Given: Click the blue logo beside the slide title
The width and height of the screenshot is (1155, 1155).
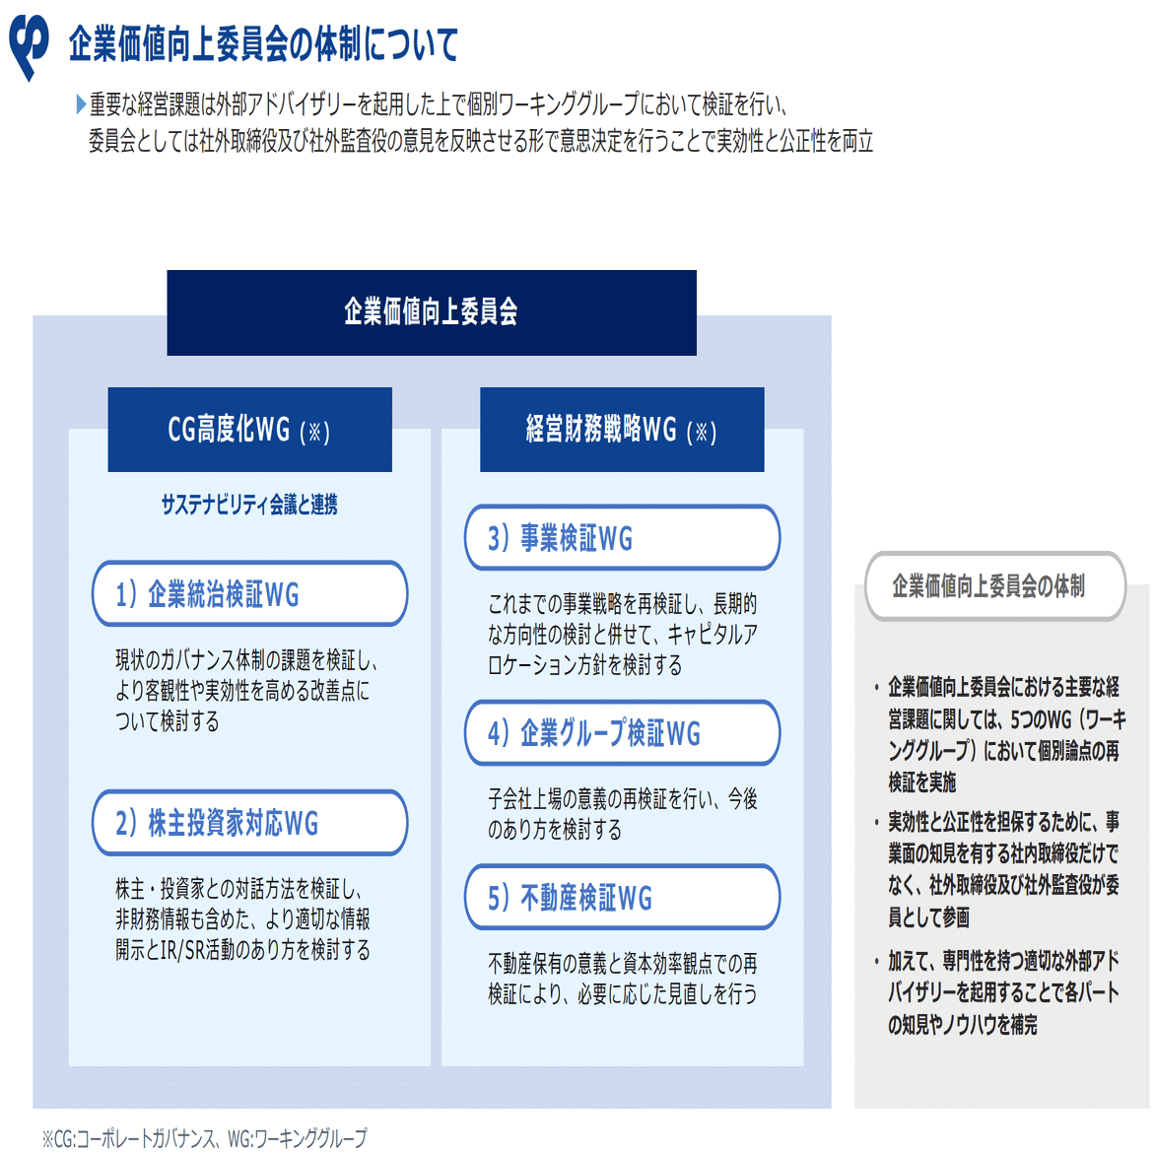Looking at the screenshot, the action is point(29,45).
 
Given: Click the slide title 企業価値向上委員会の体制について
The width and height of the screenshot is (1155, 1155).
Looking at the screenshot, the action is point(263,44).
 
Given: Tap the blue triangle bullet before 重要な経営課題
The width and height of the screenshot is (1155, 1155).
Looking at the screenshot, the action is point(81,104).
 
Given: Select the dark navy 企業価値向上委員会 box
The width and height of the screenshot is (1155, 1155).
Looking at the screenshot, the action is point(431,312).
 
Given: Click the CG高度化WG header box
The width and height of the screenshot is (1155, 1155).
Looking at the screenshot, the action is point(249,430).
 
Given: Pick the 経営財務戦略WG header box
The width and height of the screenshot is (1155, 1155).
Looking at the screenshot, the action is point(621,430).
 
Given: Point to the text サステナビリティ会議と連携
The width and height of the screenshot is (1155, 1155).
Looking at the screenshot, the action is point(249,505).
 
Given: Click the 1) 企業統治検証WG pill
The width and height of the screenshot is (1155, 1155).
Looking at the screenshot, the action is point(249,594).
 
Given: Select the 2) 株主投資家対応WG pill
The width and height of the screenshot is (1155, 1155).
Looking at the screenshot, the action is point(249,823).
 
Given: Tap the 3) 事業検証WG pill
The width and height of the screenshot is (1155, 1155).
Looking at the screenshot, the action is point(622,538).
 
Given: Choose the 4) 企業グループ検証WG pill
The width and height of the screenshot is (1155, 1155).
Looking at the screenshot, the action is point(622,733).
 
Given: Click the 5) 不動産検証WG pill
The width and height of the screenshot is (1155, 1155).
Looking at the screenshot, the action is point(622,898).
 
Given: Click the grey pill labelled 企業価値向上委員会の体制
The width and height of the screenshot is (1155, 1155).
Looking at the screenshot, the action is point(994,586).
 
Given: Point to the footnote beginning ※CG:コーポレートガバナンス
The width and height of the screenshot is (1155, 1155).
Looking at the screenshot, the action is point(204,1138).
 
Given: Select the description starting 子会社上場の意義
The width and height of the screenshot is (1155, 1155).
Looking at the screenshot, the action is point(622,814).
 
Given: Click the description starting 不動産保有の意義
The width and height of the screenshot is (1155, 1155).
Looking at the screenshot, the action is point(622,979).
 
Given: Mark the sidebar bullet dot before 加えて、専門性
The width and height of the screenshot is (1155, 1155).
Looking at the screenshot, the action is point(876,962).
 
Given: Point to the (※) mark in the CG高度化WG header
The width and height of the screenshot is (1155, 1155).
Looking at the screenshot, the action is point(314,432).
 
